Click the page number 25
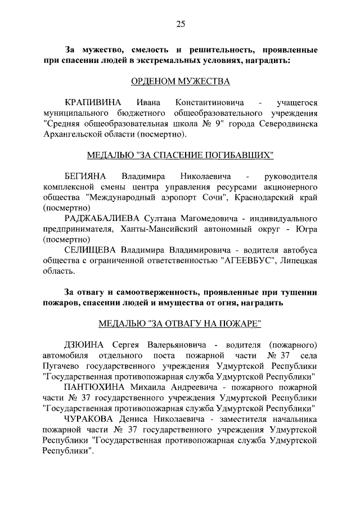(181, 24)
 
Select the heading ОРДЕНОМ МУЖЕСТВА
(181, 82)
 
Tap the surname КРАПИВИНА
(93, 103)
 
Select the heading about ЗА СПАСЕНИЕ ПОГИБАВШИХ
(181, 155)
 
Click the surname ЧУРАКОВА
(91, 419)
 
